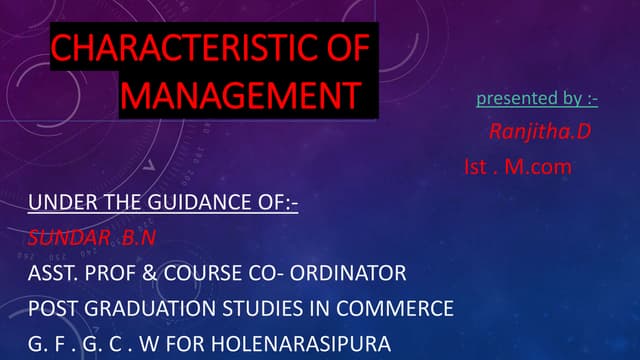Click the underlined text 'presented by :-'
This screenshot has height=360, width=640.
click(537, 98)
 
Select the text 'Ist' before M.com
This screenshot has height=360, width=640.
click(477, 166)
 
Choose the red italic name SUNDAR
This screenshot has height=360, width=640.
click(65, 238)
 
